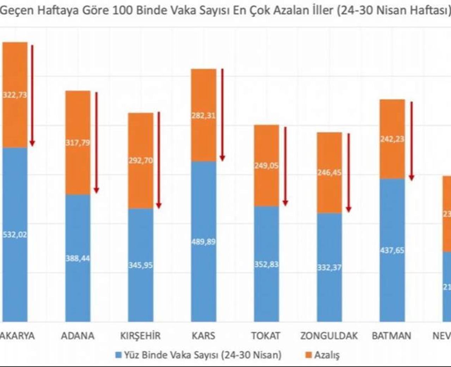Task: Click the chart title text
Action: [x=225, y=10]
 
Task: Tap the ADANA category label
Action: [x=78, y=336]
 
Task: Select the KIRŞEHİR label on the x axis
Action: [x=140, y=336]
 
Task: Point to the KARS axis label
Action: [x=203, y=336]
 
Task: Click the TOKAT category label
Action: [x=266, y=336]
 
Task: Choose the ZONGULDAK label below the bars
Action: [x=329, y=336]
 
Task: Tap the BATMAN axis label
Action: [x=391, y=336]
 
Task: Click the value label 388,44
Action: [x=78, y=258]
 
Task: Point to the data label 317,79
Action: [x=78, y=143]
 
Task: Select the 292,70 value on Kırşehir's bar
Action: [x=141, y=160]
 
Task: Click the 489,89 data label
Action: [x=204, y=242]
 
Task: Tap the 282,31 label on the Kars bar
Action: [x=204, y=115]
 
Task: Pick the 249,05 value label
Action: [x=266, y=165]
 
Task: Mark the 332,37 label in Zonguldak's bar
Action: [x=329, y=267]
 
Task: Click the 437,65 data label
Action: [x=392, y=250]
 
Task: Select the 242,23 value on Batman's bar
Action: [x=392, y=139]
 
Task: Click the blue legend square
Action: [x=118, y=355]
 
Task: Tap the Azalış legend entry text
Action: [x=327, y=355]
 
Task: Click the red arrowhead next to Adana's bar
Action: [x=96, y=190]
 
